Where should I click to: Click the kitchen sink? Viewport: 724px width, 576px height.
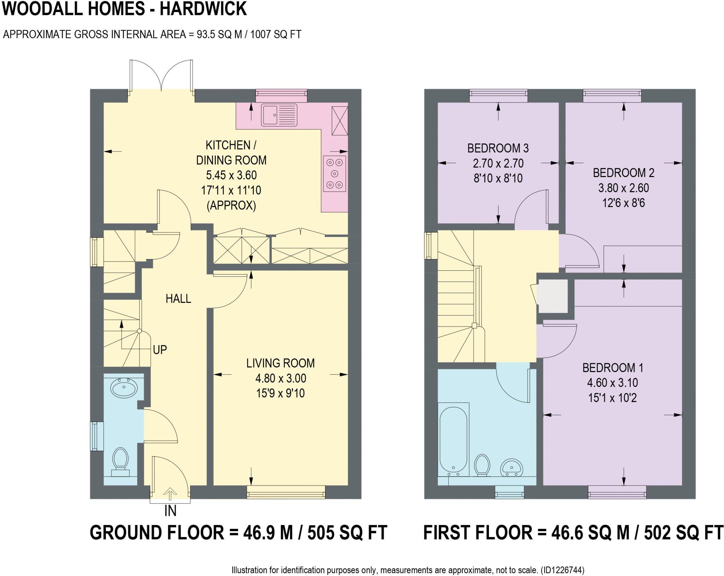[x=279, y=115]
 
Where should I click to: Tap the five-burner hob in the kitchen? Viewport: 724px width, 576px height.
[x=334, y=174]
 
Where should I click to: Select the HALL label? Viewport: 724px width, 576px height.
[x=178, y=299]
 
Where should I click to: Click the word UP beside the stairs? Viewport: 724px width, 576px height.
[x=160, y=350]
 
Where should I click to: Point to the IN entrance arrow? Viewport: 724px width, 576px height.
[x=170, y=494]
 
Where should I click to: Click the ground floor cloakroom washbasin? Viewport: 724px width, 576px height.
[x=124, y=388]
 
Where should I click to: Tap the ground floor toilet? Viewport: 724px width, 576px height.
[x=120, y=461]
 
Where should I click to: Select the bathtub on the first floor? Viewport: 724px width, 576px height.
[x=454, y=440]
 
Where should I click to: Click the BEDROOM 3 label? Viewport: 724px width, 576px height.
[x=498, y=148]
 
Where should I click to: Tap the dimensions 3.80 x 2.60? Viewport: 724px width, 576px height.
[x=623, y=188]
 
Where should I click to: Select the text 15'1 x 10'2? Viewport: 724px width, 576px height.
[x=612, y=398]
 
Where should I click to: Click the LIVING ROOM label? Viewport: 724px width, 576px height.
[x=280, y=363]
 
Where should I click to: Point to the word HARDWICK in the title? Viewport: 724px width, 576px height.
[x=203, y=8]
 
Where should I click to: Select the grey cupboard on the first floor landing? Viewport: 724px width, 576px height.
[x=553, y=296]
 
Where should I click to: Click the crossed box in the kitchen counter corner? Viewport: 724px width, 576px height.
[x=339, y=121]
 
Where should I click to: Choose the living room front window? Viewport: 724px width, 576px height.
[x=286, y=492]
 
